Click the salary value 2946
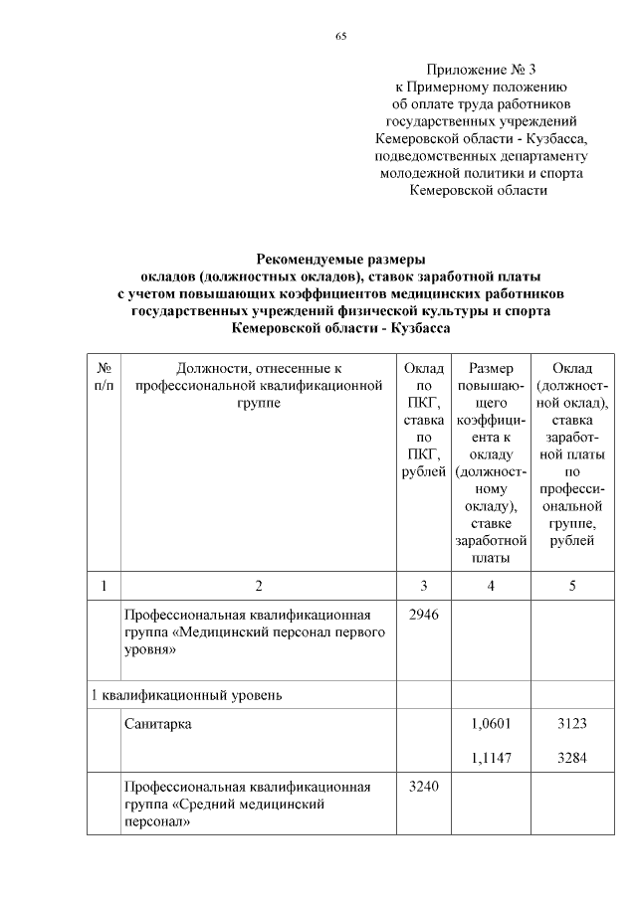coord(424,616)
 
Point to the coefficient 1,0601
coord(491,724)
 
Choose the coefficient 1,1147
coord(491,758)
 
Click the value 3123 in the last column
coord(571,724)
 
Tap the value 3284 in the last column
coord(571,758)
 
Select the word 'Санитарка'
coord(158,724)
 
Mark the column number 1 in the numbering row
coord(104,585)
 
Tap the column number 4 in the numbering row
coord(491,585)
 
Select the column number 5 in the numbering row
coord(571,585)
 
